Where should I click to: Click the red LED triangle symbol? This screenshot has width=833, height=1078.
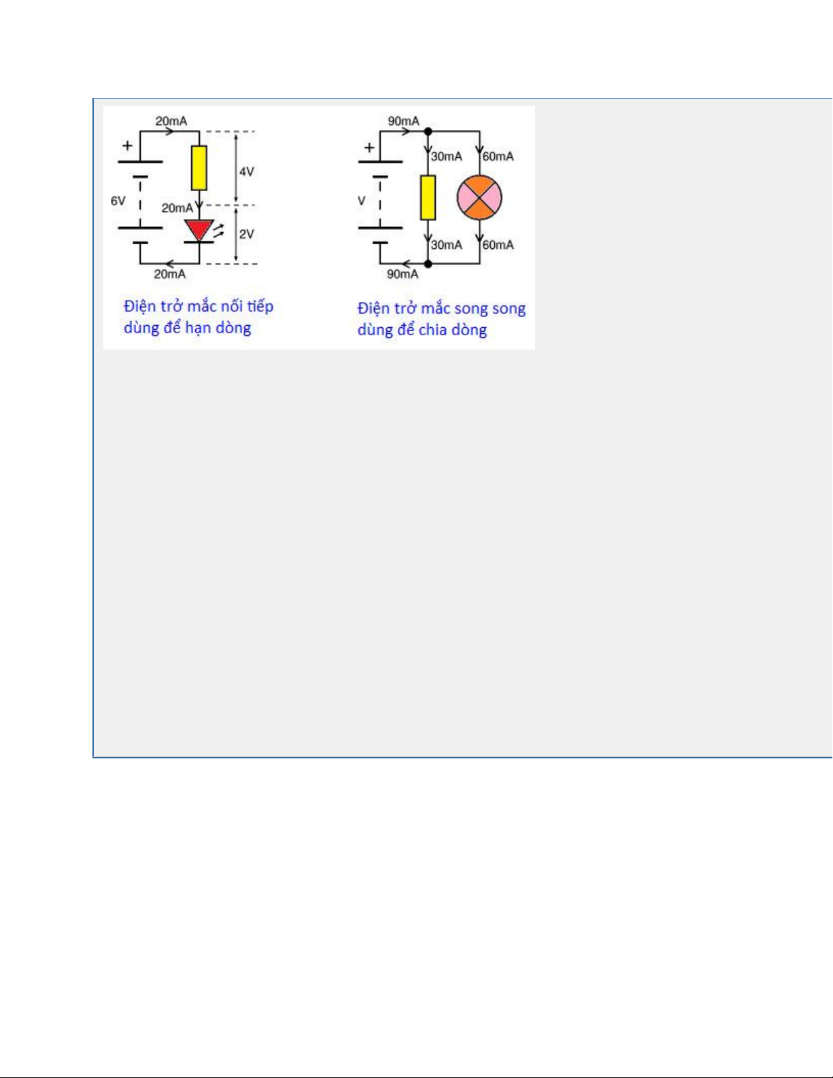coord(199,230)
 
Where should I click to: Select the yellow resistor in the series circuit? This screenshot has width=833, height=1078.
coord(199,168)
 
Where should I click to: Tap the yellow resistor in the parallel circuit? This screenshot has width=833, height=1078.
coord(428,197)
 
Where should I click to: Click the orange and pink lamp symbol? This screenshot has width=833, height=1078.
coord(479,197)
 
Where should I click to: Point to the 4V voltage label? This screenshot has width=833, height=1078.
coord(246,171)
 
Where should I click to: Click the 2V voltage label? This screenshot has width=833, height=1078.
coord(246,234)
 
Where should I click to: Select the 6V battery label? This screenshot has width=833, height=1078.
coord(118,201)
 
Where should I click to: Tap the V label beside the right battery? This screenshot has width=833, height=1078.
coord(362,201)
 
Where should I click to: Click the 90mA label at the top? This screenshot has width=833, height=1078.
coord(404,121)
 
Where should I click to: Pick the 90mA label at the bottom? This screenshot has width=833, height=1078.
coord(403,274)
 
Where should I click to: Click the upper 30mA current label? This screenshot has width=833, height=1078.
coord(446,156)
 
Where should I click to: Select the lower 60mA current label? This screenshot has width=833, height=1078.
coord(498,245)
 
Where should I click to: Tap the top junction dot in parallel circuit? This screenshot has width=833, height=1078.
coord(428,131)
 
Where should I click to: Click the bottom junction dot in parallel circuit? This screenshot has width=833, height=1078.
coord(428,264)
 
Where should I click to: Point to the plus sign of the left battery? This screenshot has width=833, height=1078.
coord(127,146)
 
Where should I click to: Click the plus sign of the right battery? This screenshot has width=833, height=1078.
coord(369,148)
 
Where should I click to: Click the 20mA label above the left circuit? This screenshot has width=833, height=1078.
coord(171,121)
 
